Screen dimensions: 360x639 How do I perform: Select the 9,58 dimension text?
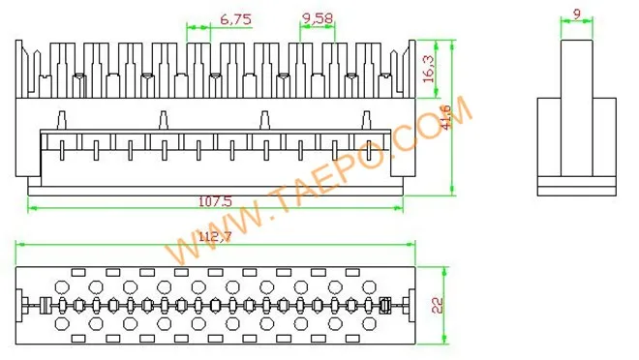(x=318, y=18)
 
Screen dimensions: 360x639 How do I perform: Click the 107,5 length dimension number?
(x=215, y=201)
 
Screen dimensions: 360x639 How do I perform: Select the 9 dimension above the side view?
(x=577, y=14)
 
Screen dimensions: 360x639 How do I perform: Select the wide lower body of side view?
(x=577, y=140)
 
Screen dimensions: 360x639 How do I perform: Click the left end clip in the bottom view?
(x=43, y=306)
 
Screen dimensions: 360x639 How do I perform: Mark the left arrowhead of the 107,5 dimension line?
(x=32, y=207)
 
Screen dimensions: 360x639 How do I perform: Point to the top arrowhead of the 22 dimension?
(x=445, y=270)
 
